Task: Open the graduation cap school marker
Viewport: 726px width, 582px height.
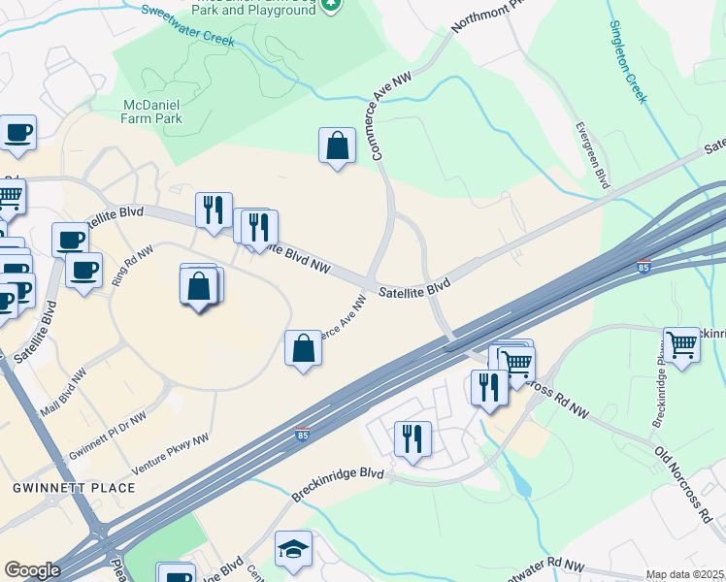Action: (x=293, y=550)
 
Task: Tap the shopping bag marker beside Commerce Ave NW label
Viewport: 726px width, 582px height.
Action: (x=303, y=347)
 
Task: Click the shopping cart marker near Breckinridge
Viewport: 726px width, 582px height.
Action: (x=682, y=344)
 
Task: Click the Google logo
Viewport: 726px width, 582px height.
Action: (x=32, y=569)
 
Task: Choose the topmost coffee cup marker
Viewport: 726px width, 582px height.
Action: (x=17, y=133)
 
